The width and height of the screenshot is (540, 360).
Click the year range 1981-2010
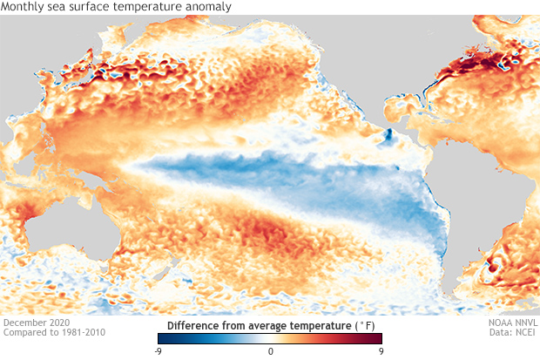80,332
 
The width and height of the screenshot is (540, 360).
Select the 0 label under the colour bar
271,351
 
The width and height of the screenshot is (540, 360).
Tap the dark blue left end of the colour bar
162,339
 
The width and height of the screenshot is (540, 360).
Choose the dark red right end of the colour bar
378,339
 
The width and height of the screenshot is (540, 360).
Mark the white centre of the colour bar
271,339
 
